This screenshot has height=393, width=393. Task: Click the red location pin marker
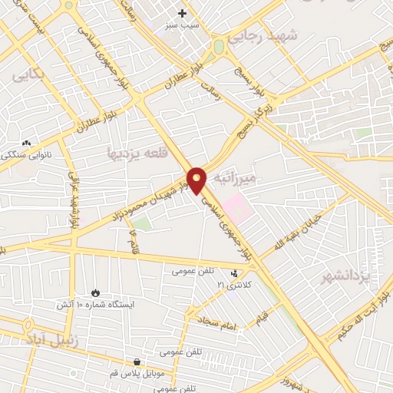(197, 180)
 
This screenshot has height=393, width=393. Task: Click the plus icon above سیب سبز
(182, 13)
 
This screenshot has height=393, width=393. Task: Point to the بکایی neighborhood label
(29, 77)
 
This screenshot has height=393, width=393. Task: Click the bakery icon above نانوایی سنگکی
(27, 143)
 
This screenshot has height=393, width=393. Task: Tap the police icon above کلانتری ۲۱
(235, 273)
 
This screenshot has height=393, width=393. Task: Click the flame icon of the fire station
(94, 293)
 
